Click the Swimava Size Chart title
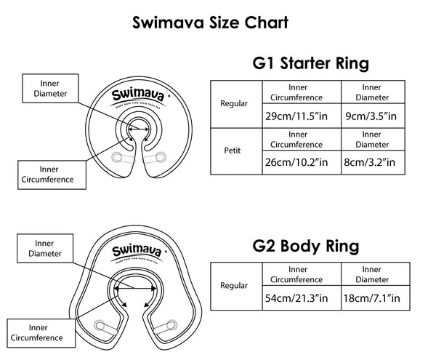pyautogui.click(x=210, y=22)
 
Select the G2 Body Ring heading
pyautogui.click(x=304, y=246)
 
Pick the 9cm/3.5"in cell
pyautogui.click(x=369, y=116)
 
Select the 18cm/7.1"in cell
pyautogui.click(x=369, y=297)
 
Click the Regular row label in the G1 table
pyautogui.click(x=234, y=103)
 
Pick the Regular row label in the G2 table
pyautogui.click(x=234, y=285)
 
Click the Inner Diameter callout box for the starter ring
pyautogui.click(x=47, y=87)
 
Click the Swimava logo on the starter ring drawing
pyautogui.click(x=135, y=96)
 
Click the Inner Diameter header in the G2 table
pyautogui.click(x=369, y=273)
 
